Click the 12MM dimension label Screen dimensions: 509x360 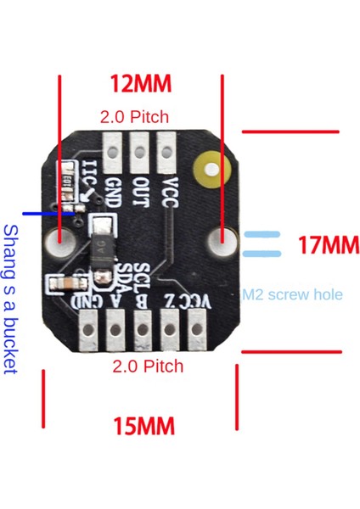tap(141, 84)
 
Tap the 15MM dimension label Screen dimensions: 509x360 tap(143, 424)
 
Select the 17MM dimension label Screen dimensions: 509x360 tap(329, 246)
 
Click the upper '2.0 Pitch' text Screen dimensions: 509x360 tap(134, 116)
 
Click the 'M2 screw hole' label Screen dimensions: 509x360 tap(293, 295)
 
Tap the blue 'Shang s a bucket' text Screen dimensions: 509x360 tap(11, 298)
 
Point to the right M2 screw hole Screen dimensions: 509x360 tap(223, 241)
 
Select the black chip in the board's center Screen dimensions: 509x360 tap(101, 248)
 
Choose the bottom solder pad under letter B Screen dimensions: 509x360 tap(143, 329)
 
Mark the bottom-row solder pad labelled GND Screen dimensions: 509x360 tap(89, 329)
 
